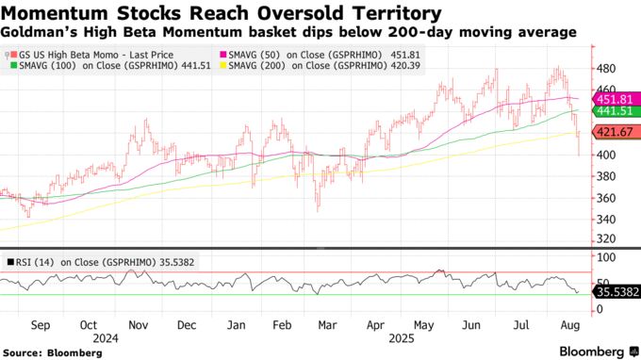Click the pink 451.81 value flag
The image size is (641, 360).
pyautogui.click(x=614, y=99)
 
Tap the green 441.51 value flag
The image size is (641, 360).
pyautogui.click(x=614, y=111)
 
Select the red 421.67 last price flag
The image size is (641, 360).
pyautogui.click(x=614, y=133)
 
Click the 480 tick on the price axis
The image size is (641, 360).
pyautogui.click(x=606, y=69)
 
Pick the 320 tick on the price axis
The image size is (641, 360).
pyautogui.click(x=606, y=239)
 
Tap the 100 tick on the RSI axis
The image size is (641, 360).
pyautogui.click(x=606, y=256)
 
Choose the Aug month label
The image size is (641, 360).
pyautogui.click(x=571, y=323)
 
